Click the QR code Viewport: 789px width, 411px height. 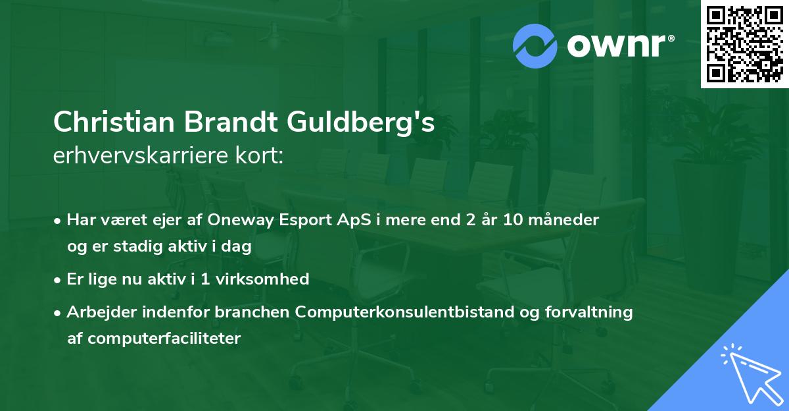click(x=744, y=44)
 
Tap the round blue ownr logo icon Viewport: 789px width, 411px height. click(x=535, y=45)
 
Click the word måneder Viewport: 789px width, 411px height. click(x=566, y=219)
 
